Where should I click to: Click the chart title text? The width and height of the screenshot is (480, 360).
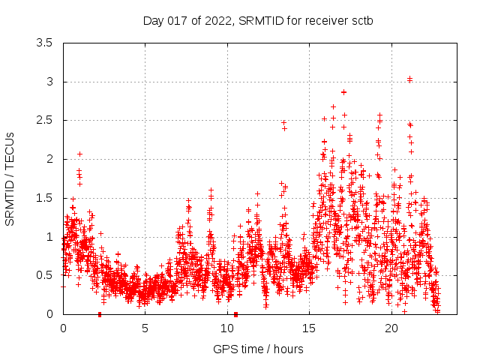258,20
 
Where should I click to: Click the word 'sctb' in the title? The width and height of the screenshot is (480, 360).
361,20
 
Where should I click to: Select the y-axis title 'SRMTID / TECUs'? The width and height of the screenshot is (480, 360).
10,178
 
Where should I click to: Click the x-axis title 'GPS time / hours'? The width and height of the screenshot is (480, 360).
258,349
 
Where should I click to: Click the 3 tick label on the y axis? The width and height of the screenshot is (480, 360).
49,82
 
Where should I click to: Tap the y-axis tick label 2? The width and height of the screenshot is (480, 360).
49,159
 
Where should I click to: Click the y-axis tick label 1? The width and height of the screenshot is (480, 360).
49,236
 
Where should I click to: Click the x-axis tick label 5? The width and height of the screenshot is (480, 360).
145,328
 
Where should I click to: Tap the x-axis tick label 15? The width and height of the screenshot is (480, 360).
310,328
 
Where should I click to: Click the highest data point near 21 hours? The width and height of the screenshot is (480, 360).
409,79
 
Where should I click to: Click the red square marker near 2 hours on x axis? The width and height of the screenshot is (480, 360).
100,314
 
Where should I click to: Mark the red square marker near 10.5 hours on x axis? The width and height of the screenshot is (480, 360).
235,314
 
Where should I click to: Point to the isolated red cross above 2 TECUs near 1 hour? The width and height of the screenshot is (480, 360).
79,154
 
